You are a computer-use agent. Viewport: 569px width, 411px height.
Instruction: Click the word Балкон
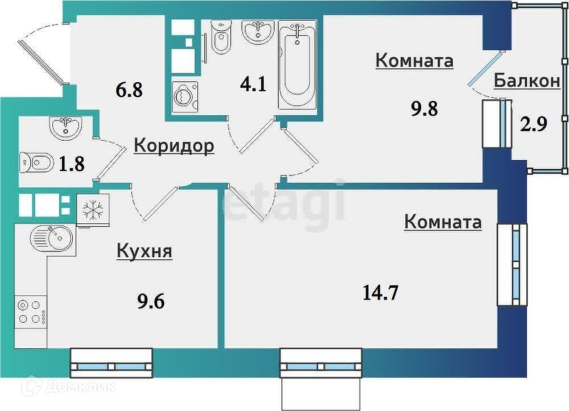(x=526, y=81)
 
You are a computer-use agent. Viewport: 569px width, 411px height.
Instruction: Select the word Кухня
(x=144, y=251)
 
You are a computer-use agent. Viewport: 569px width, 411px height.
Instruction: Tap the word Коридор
(x=174, y=146)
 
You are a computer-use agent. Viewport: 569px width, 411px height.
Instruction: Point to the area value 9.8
(x=424, y=109)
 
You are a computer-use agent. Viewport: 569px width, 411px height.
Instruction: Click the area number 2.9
(x=533, y=123)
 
